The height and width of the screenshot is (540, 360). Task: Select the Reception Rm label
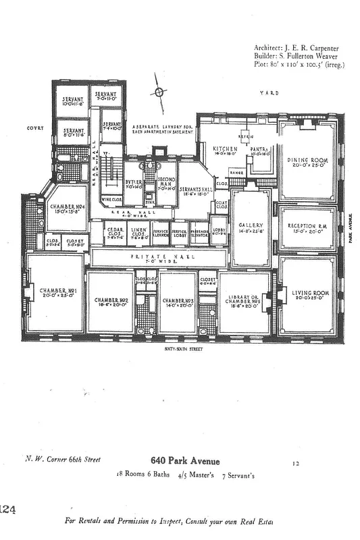click(307, 225)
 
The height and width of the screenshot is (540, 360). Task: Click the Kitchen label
click(224, 148)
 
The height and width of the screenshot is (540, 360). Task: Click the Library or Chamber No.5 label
click(245, 300)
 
